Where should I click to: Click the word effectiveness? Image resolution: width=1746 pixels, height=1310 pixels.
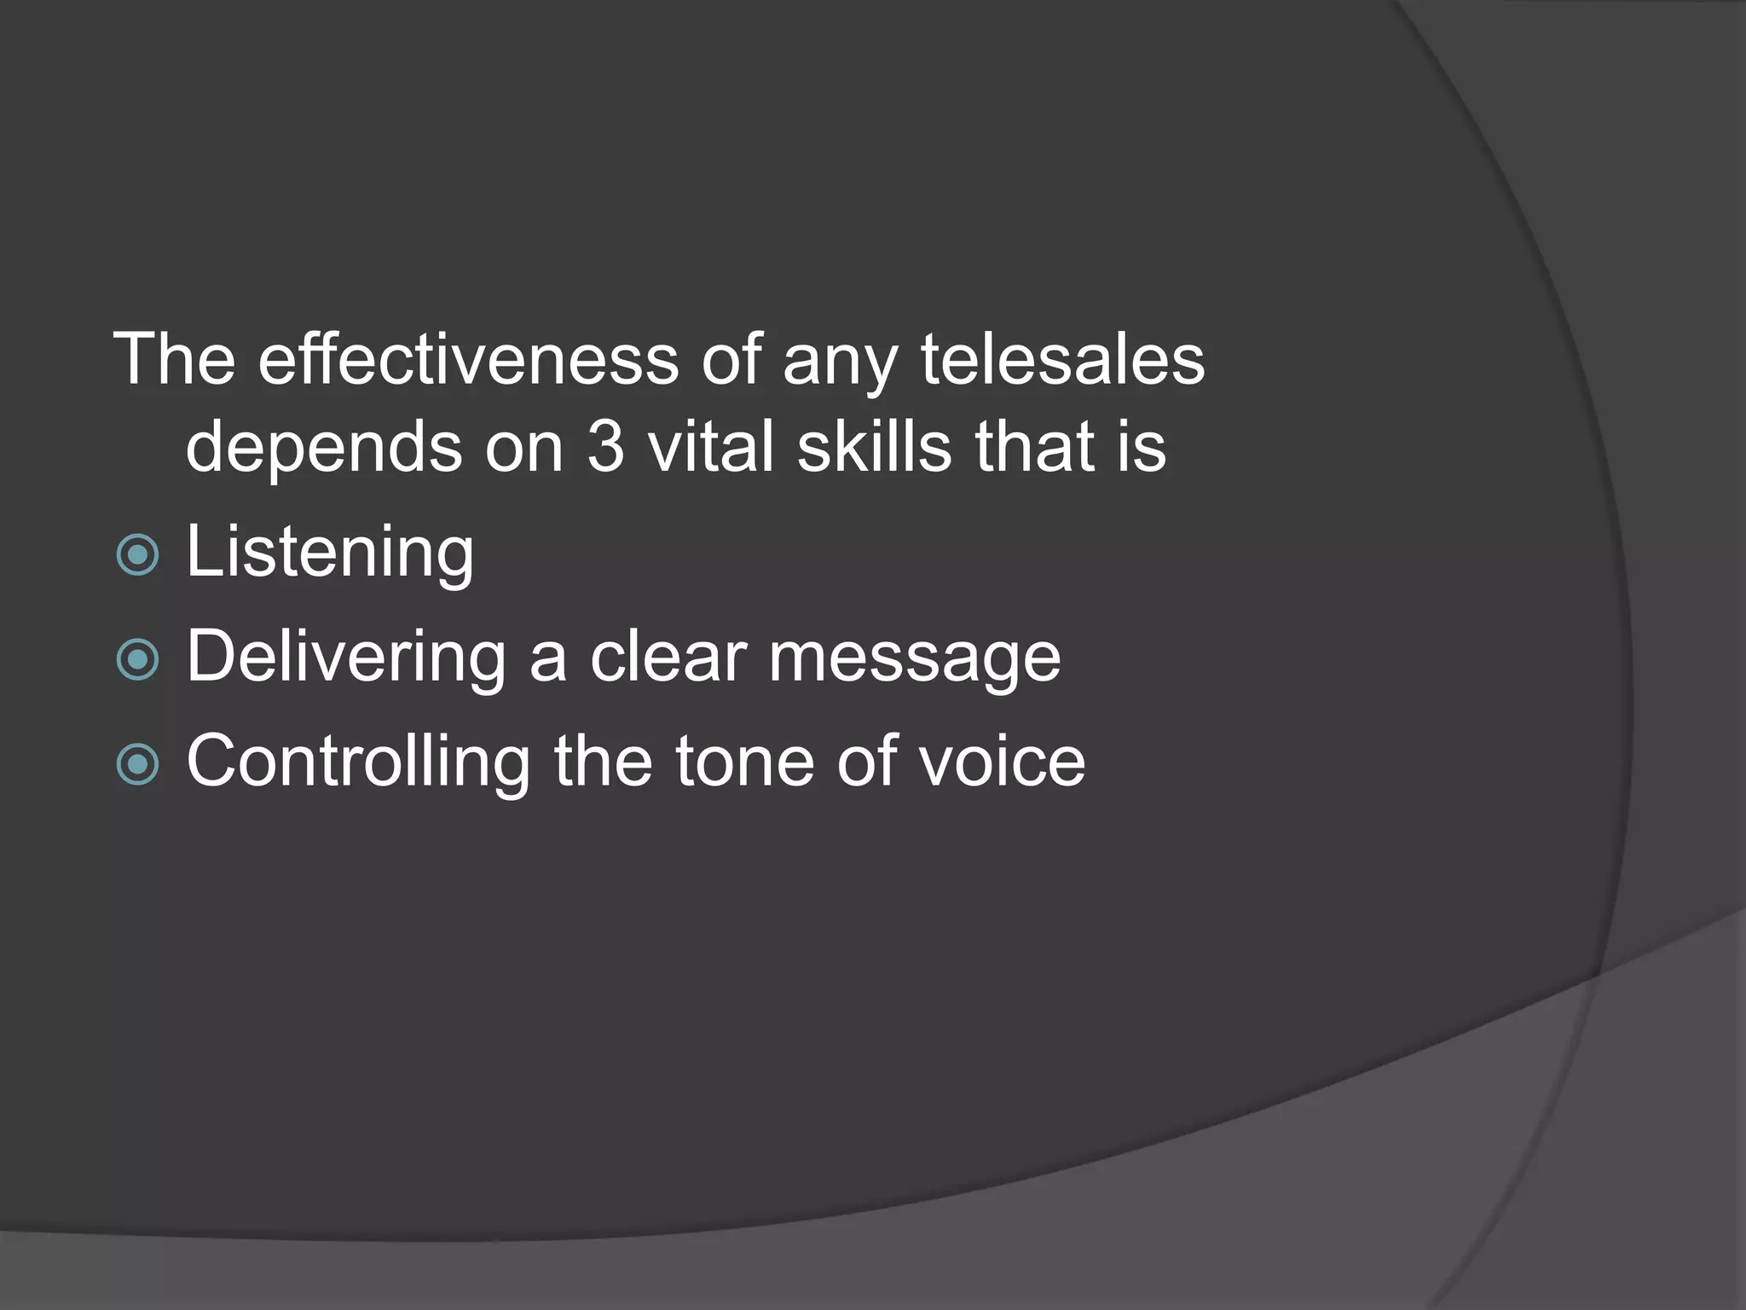tap(468, 360)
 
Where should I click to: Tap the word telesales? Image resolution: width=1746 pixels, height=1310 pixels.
tap(1062, 360)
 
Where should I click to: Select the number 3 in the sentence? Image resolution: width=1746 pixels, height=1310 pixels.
tap(605, 448)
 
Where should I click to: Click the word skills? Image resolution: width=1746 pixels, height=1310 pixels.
tap(874, 448)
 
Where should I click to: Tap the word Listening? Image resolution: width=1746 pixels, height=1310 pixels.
tap(330, 554)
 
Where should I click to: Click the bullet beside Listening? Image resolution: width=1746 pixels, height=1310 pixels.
tap(137, 555)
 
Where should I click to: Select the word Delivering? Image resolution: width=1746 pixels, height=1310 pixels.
tap(346, 658)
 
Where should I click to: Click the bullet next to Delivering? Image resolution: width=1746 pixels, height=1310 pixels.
tap(137, 659)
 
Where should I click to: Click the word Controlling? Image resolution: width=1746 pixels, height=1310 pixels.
tap(358, 762)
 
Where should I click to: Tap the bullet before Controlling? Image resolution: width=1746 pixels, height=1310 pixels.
tap(137, 764)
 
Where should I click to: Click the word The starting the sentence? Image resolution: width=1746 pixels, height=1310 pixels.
tap(174, 360)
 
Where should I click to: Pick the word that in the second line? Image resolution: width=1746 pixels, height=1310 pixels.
tap(1035, 448)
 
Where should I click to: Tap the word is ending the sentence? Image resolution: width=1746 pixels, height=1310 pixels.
tap(1141, 448)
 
